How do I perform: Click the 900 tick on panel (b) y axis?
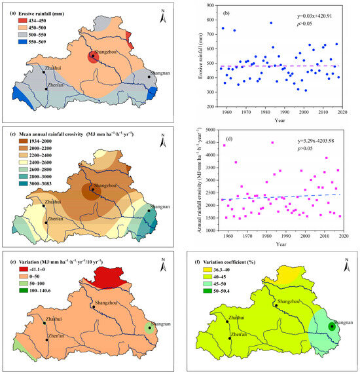tap(212, 5)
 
